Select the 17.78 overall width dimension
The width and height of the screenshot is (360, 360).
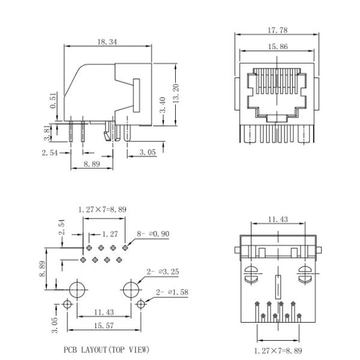277,29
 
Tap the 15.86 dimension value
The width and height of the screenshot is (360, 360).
277,46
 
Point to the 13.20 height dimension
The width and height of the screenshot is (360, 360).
176,94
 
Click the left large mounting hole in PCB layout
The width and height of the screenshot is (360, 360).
76,289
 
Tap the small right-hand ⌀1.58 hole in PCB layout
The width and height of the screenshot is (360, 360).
140,304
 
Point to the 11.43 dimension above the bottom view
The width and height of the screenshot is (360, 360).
277,220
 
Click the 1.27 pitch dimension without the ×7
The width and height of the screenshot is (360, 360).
109,234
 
